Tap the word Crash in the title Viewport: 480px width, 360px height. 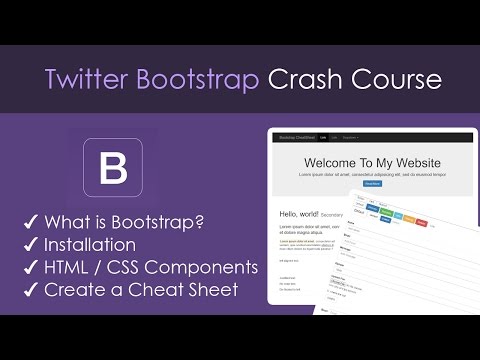coord(306,79)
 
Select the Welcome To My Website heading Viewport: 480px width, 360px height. coord(372,162)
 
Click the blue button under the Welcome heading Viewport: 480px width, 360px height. coord(372,184)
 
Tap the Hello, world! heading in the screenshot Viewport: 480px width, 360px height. coord(299,213)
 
